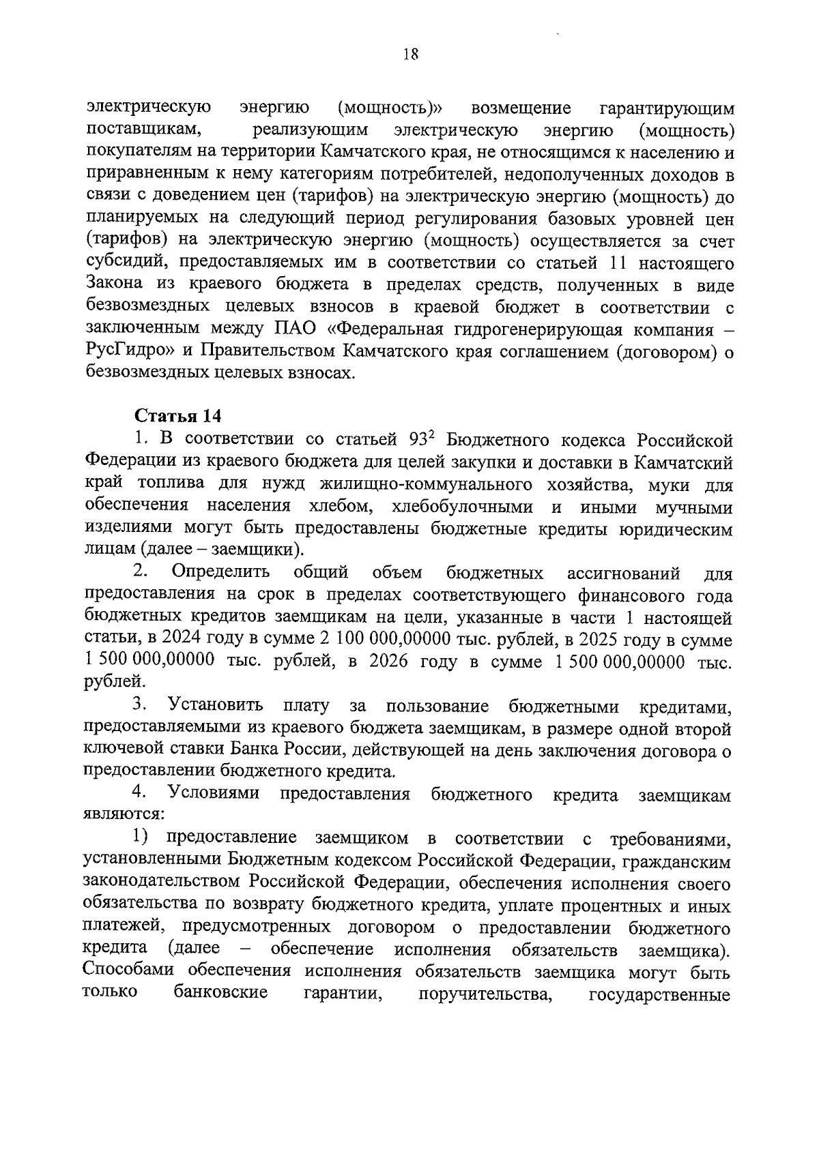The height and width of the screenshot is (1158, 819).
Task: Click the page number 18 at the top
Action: coord(410,55)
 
